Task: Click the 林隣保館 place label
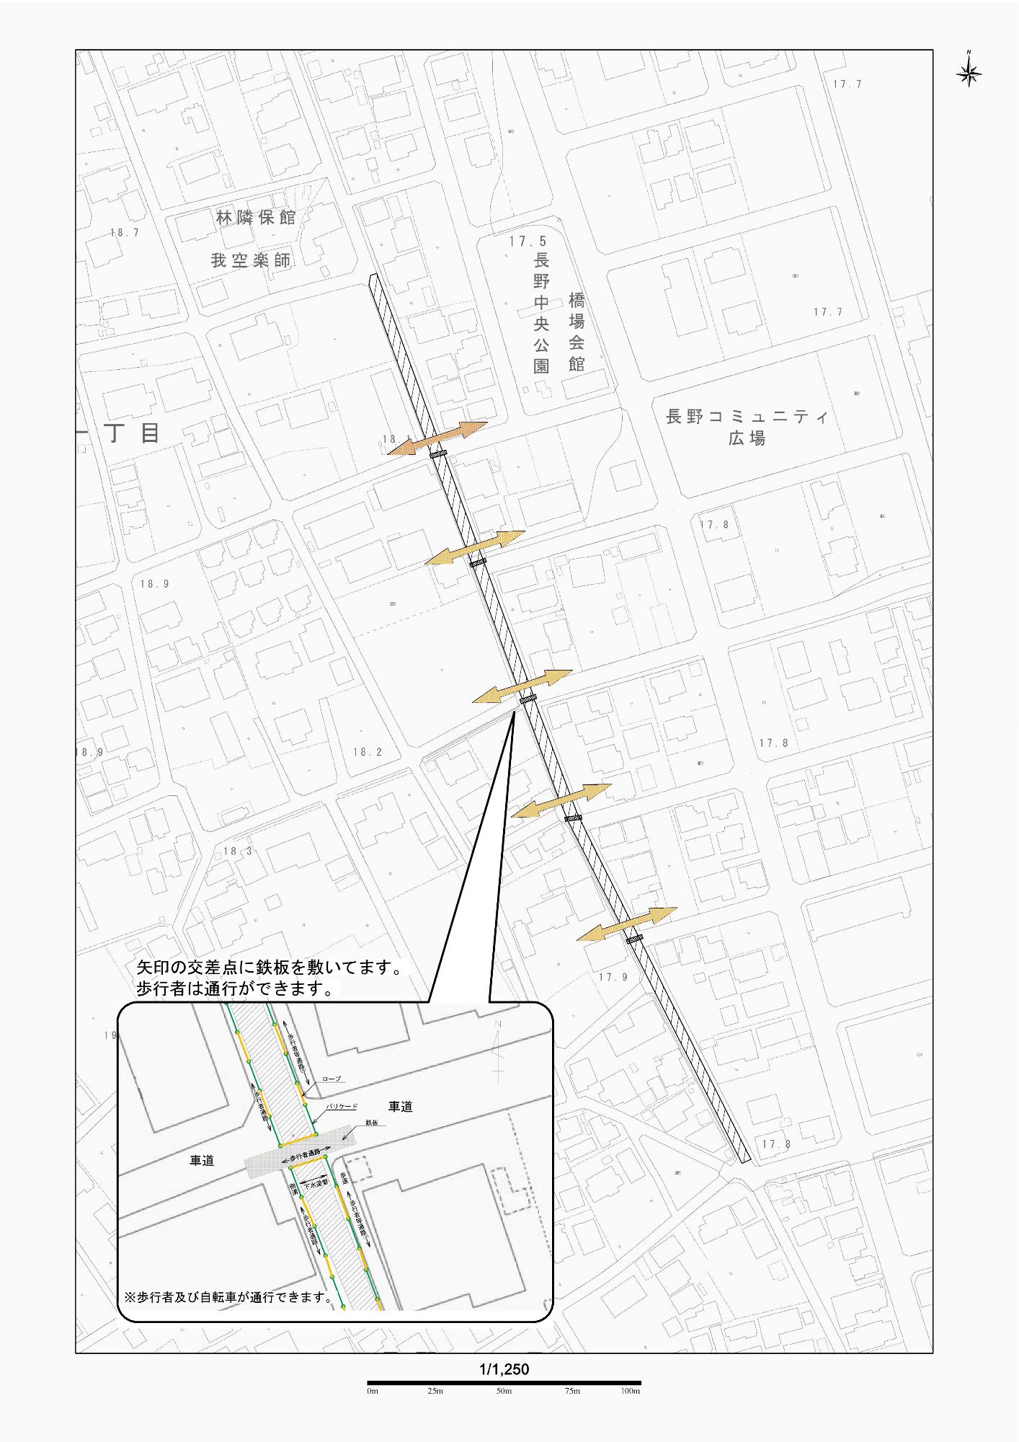[256, 217]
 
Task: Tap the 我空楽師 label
[250, 260]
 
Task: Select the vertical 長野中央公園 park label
[541, 313]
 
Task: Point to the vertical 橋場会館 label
[577, 332]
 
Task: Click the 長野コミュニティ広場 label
[747, 427]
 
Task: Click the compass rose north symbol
[969, 71]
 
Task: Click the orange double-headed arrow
[437, 438]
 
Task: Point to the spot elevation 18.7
[125, 233]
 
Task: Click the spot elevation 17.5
[528, 242]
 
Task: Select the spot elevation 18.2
[368, 752]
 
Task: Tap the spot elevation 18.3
[238, 851]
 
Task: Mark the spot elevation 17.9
[613, 977]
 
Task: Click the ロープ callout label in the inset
[331, 1079]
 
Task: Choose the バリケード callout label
[342, 1106]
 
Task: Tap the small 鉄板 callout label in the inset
[372, 1123]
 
